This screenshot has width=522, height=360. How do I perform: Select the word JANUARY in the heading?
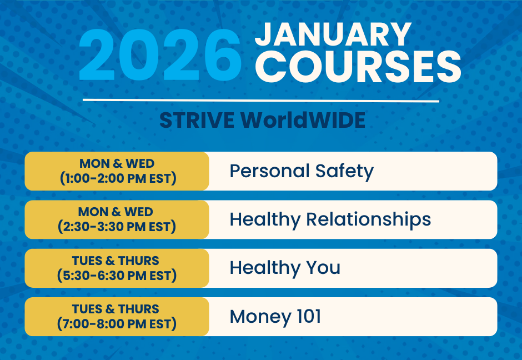click(x=333, y=34)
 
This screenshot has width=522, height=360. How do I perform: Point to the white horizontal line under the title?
click(x=261, y=101)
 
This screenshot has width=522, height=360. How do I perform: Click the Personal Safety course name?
click(x=302, y=171)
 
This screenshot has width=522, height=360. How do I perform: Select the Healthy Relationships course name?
click(x=330, y=219)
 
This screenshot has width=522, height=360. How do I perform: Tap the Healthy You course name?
click(x=285, y=268)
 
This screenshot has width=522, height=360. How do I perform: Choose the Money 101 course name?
click(x=275, y=317)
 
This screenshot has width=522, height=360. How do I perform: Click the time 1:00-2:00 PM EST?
click(x=117, y=178)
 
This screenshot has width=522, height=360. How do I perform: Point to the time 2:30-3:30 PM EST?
click(x=117, y=227)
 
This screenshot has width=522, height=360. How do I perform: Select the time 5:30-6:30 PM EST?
click(x=117, y=275)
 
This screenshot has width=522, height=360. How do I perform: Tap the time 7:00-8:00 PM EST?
click(x=117, y=324)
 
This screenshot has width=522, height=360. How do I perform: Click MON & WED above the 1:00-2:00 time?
click(x=117, y=164)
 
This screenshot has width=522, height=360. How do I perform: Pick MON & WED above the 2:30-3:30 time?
click(x=117, y=212)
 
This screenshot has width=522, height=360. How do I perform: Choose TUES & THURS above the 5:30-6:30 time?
click(x=116, y=261)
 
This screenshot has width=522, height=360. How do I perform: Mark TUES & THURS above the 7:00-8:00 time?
click(x=116, y=309)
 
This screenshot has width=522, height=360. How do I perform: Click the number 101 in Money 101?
click(x=306, y=317)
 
